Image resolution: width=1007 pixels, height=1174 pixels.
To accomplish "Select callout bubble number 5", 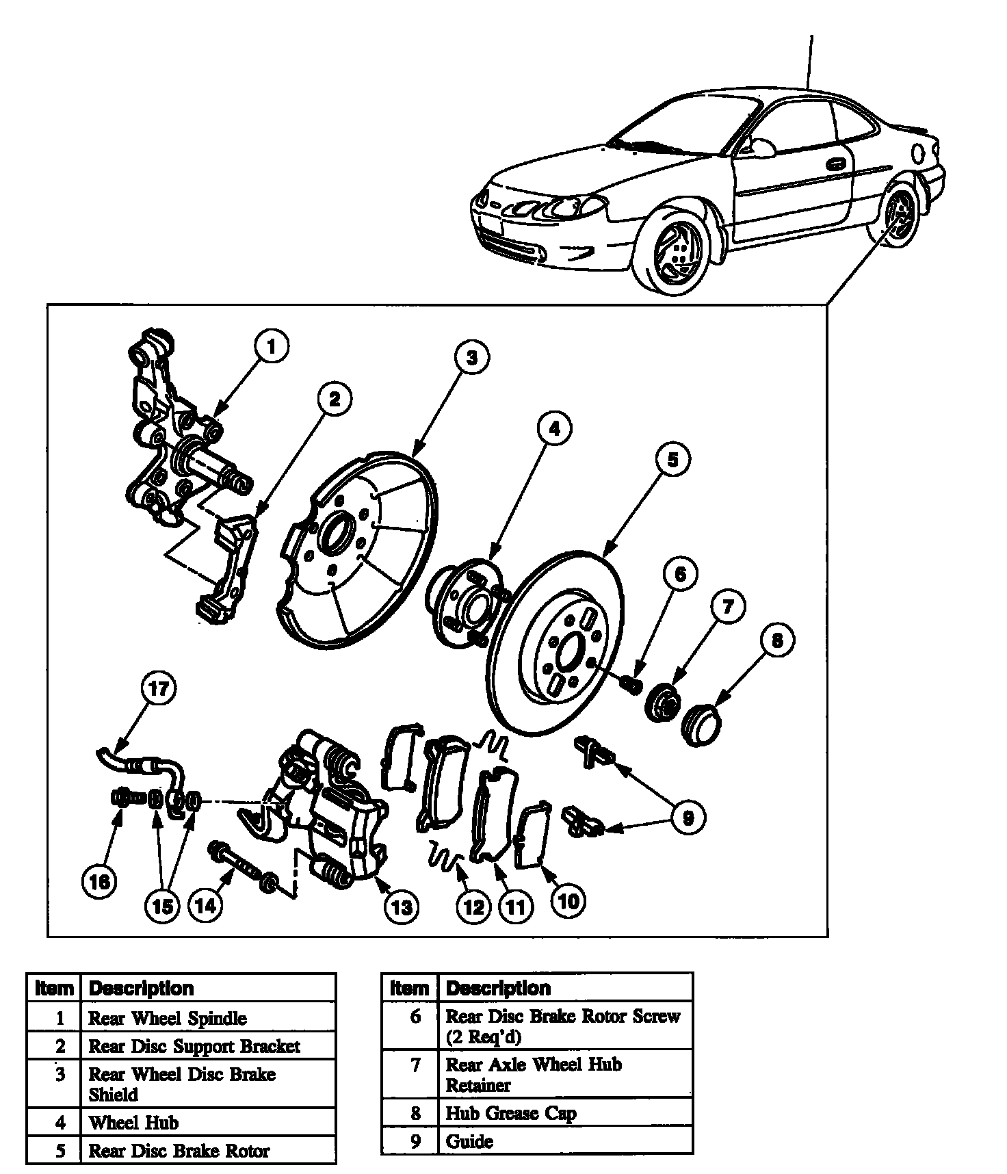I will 673,460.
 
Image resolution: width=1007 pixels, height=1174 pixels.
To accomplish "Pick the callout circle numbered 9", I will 688,817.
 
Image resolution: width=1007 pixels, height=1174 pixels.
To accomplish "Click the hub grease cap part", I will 700,727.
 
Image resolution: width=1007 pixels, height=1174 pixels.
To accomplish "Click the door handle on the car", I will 835,164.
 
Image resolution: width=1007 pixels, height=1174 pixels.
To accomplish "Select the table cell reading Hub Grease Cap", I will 510,1113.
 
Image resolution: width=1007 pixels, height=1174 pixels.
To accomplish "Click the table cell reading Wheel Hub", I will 134,1123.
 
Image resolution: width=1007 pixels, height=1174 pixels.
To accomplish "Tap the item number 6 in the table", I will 415,1017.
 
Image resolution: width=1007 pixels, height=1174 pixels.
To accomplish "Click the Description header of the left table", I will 142,988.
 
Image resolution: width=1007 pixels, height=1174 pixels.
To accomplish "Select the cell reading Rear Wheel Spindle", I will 168,1018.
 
